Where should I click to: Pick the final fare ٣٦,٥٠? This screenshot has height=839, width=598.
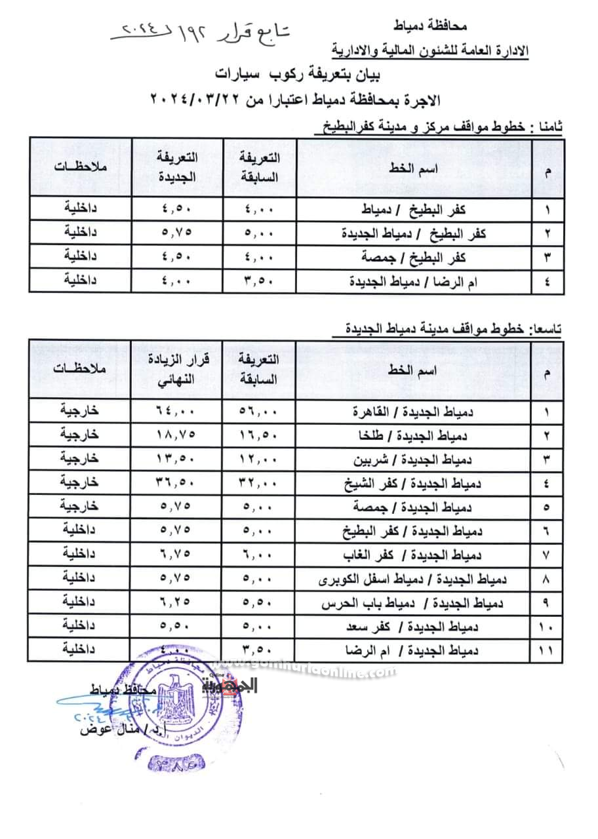179,483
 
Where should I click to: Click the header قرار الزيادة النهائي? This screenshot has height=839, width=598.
179,369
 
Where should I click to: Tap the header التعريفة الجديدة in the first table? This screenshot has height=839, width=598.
179,166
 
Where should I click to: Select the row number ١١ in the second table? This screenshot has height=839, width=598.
546,651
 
